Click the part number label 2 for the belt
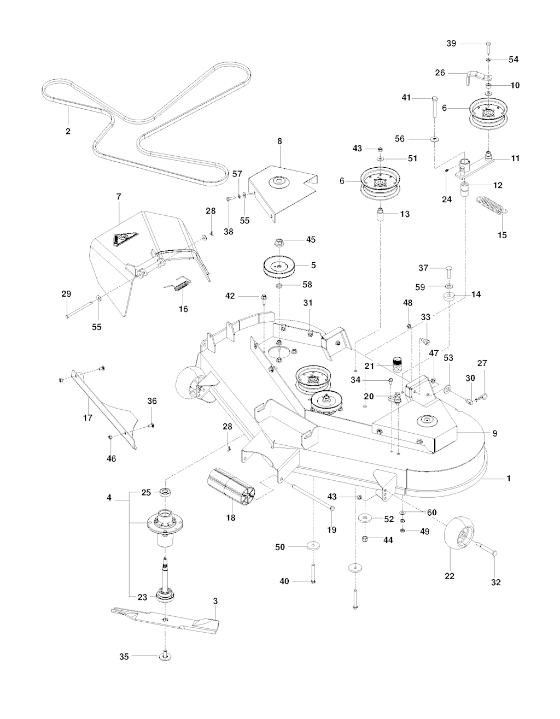click(x=68, y=131)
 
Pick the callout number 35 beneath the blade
click(x=124, y=656)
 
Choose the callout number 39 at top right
click(x=451, y=43)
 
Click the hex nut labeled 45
click(x=279, y=241)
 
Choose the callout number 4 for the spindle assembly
click(x=109, y=498)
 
